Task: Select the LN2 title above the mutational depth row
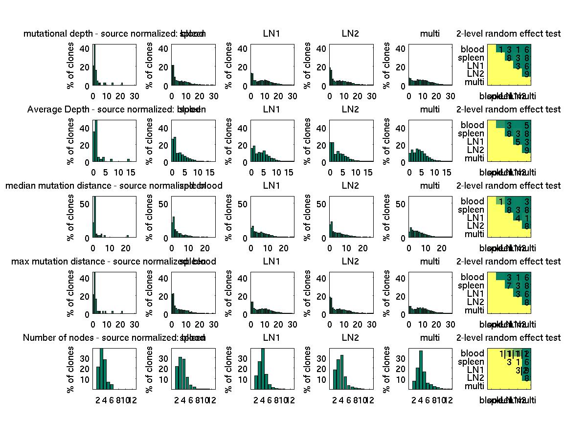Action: coord(350,34)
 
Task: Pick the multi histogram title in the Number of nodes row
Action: coord(430,338)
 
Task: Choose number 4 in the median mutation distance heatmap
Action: coord(518,218)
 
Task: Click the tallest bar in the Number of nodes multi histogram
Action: coord(420,370)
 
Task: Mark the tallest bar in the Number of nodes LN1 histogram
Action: coord(263,369)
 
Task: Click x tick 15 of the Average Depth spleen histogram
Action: coord(209,172)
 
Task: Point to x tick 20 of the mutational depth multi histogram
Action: coord(437,95)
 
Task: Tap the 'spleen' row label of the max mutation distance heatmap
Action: coord(471,286)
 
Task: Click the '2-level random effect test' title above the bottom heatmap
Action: coord(508,338)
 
